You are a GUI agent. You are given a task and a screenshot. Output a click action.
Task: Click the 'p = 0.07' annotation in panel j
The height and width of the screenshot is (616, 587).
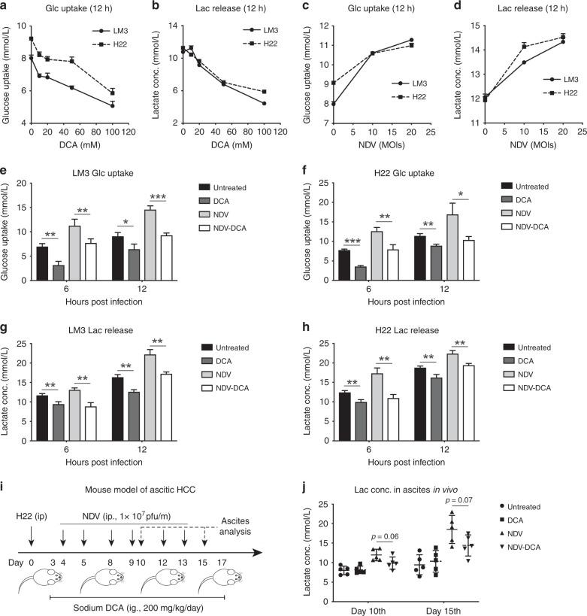tap(460, 500)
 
